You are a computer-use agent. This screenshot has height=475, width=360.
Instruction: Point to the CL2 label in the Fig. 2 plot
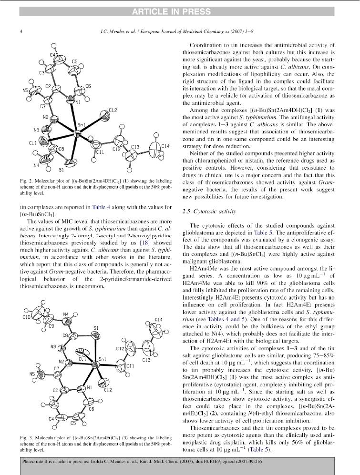coord(113,110)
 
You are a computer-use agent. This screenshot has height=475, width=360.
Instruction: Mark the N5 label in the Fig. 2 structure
coord(25,90)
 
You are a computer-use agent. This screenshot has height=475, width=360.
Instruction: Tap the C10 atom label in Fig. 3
coord(26,316)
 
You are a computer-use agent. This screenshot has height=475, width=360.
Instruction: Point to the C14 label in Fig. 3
coord(158,319)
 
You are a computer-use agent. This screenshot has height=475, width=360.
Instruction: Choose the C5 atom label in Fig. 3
coord(73,423)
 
